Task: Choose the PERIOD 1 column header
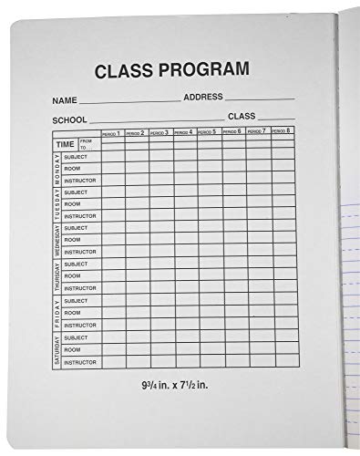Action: tap(112, 133)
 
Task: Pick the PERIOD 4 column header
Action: tap(184, 132)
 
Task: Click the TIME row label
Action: tap(64, 145)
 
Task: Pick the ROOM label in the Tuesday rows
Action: tap(72, 204)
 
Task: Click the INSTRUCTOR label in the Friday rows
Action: tap(78, 324)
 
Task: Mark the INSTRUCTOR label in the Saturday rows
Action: tap(78, 361)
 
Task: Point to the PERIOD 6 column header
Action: tap(232, 131)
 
